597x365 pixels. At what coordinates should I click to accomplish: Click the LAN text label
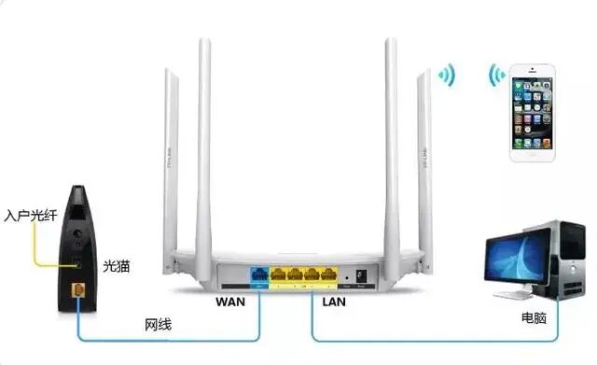point(333,302)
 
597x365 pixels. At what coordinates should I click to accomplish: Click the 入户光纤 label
point(28,216)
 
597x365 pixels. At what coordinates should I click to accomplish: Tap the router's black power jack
point(361,274)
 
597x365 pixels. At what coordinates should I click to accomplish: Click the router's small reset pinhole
point(346,277)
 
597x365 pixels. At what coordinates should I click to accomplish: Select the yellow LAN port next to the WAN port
point(278,275)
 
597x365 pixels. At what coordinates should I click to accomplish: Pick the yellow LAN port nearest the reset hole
point(327,275)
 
